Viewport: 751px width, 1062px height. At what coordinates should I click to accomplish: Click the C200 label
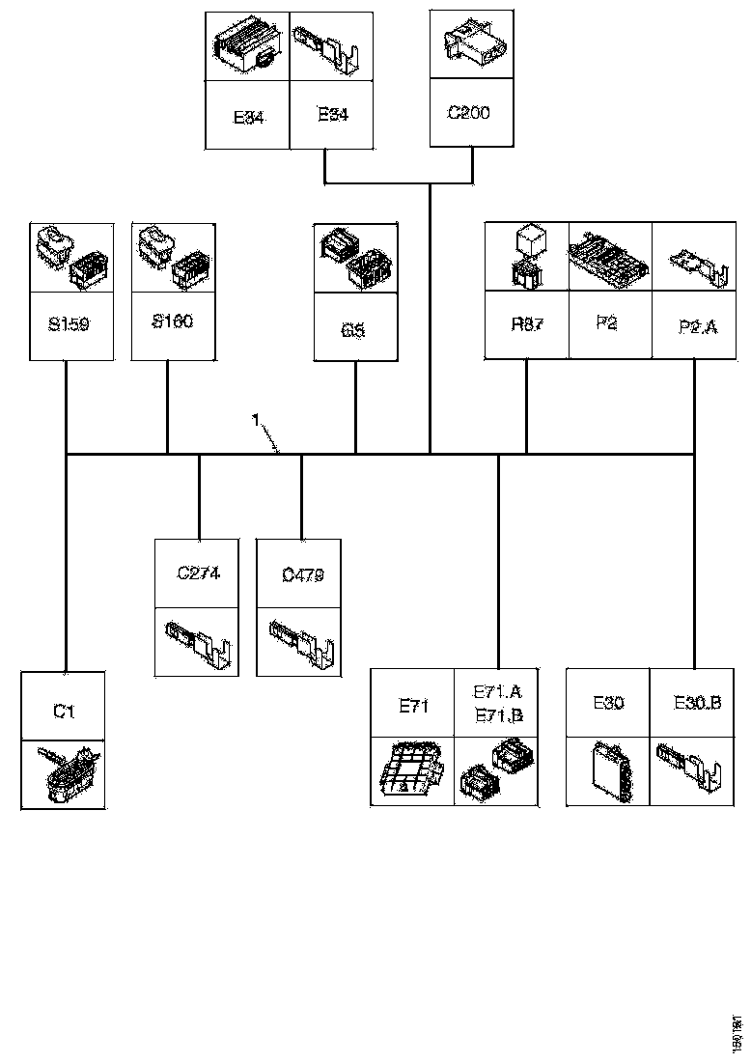pyautogui.click(x=469, y=113)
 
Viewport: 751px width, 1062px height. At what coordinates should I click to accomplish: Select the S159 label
pyautogui.click(x=68, y=324)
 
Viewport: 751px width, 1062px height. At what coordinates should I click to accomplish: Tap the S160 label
pyautogui.click(x=172, y=321)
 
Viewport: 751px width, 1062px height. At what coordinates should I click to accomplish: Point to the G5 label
pyautogui.click(x=353, y=329)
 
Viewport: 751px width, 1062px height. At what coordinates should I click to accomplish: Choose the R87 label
pyautogui.click(x=527, y=324)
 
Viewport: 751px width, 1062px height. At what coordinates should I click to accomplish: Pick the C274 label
pyautogui.click(x=199, y=573)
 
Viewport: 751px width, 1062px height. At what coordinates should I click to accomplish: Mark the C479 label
pyautogui.click(x=302, y=575)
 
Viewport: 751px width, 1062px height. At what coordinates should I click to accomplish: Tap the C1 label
pyautogui.click(x=64, y=712)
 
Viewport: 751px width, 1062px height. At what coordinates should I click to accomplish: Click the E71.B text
pyautogui.click(x=498, y=715)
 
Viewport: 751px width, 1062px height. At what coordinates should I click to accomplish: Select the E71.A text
pyautogui.click(x=498, y=693)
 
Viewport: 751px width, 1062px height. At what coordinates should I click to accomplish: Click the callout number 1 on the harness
pyautogui.click(x=255, y=420)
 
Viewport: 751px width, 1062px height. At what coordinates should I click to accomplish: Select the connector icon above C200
pyautogui.click(x=470, y=43)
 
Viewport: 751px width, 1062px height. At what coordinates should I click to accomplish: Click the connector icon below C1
pyautogui.click(x=64, y=773)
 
